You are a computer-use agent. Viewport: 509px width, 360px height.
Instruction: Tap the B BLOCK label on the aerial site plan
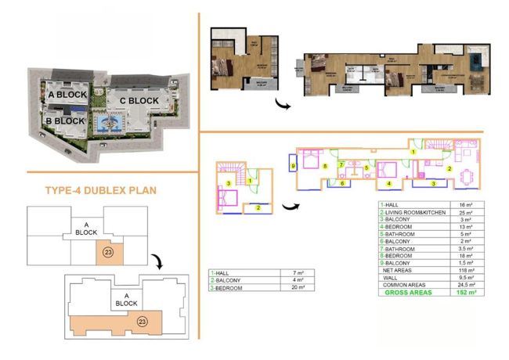coord(64,121)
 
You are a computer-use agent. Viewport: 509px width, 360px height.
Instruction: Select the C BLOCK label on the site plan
coord(139,101)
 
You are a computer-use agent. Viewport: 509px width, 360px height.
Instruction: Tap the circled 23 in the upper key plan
coord(109,252)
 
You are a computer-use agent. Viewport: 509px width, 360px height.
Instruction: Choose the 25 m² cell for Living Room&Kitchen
coord(467,212)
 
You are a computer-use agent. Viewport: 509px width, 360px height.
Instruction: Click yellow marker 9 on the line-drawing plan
coord(293,166)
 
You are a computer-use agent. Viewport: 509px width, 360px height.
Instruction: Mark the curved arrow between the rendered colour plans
coord(280,104)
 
